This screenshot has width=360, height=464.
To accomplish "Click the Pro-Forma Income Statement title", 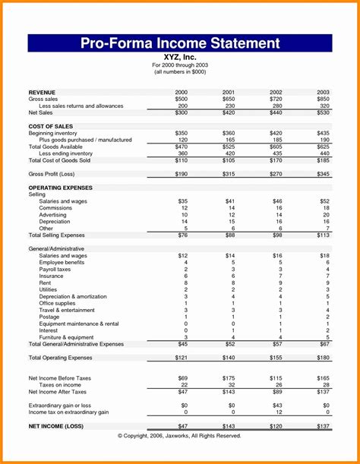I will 180,43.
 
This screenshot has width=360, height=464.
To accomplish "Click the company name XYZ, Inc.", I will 179,57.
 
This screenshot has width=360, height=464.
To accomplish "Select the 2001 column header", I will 229,91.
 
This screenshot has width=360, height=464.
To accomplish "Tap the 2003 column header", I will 323,91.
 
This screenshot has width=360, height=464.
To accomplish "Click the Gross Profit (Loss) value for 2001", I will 228,174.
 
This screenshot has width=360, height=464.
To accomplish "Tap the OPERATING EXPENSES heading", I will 61,187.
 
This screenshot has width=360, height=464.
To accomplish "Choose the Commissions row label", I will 56,207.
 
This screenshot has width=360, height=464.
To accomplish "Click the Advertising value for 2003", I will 325,214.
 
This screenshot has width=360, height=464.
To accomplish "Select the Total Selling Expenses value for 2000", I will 182,235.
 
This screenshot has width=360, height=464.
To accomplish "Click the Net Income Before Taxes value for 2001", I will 228,377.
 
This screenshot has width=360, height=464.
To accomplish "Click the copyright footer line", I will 180,436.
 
